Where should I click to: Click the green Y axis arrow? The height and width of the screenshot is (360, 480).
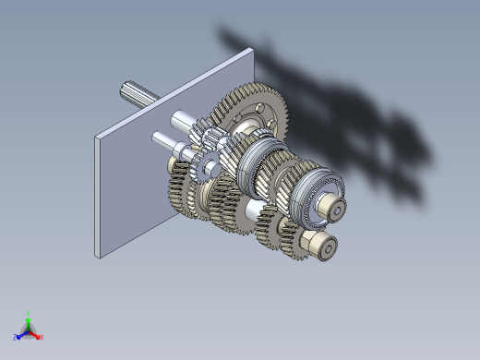29,322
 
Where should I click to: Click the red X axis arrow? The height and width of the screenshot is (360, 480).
35,335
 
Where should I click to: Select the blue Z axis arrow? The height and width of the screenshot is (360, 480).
21,334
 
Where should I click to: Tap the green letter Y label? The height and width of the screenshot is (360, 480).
29,314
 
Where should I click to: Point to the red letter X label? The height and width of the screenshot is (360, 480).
42,338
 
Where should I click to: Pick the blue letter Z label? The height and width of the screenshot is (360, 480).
15,338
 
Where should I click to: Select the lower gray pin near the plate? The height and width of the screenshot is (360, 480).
164,139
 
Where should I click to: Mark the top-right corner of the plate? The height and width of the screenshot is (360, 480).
252,50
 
